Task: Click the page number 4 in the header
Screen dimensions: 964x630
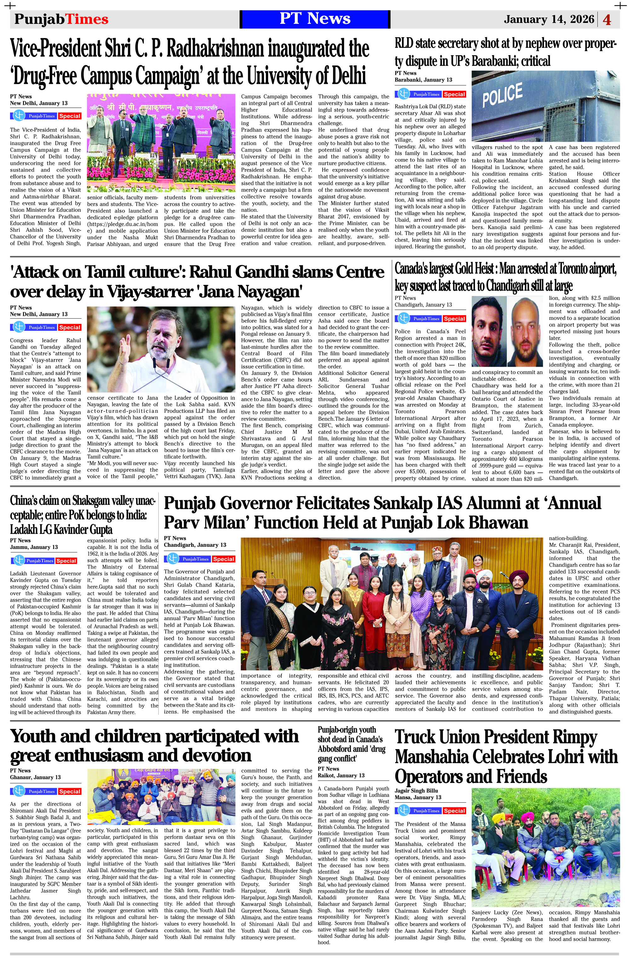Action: point(607,20)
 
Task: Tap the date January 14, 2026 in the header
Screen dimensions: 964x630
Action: point(549,20)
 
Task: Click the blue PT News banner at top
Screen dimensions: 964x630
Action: point(315,19)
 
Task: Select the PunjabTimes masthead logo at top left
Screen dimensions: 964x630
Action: point(61,19)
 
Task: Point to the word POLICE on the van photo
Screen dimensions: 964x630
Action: point(502,94)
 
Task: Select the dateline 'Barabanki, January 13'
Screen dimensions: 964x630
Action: point(423,80)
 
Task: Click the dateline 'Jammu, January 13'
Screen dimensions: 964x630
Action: point(34,547)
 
